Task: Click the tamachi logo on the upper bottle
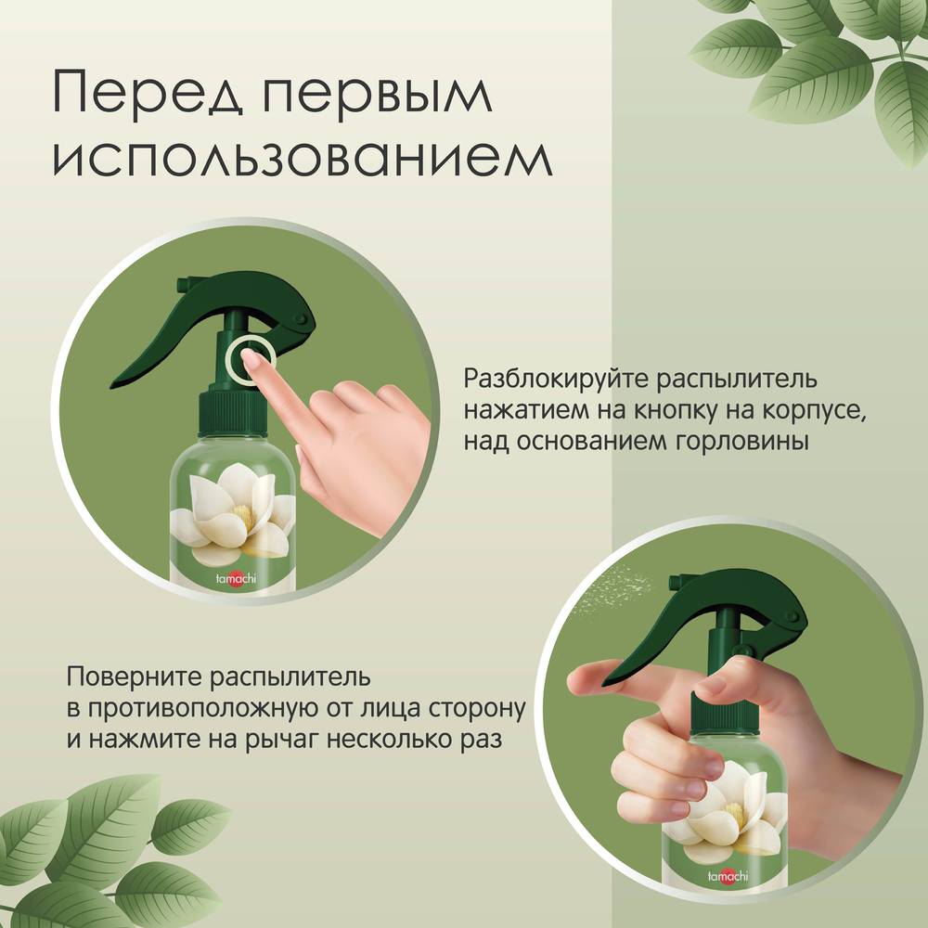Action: pos(236,577)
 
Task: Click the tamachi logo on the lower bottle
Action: pos(728,875)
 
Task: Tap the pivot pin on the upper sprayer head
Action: pos(300,319)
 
